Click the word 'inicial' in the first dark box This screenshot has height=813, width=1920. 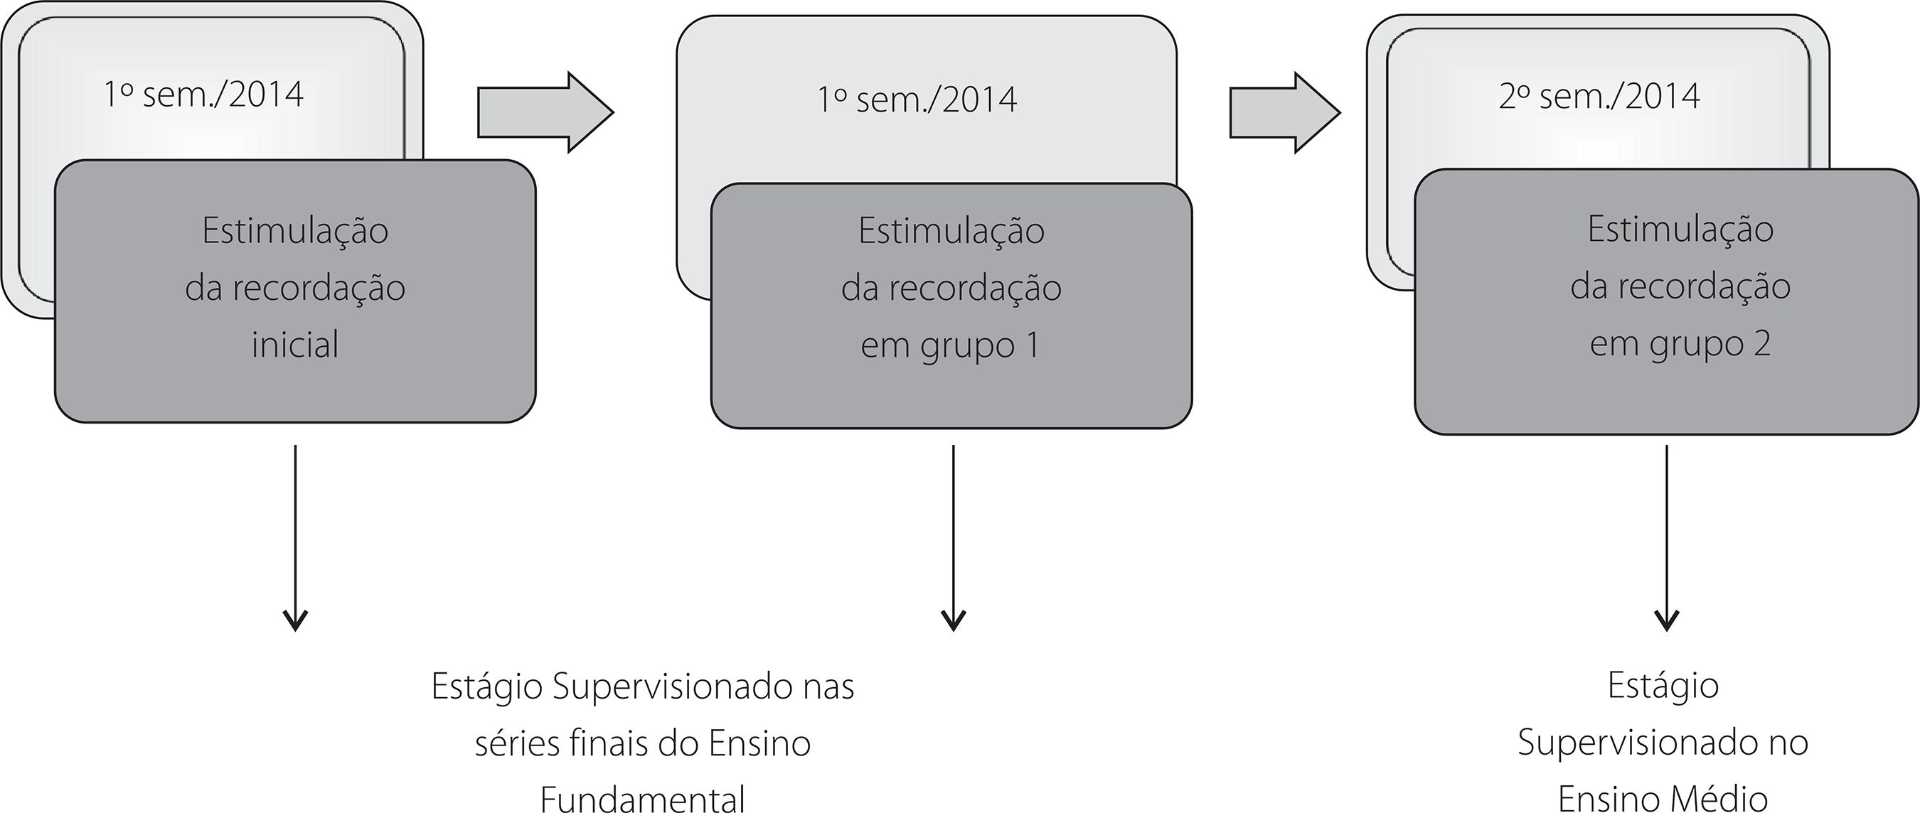295,345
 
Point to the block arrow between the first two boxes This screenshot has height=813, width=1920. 545,112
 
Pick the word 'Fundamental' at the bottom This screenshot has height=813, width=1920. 642,799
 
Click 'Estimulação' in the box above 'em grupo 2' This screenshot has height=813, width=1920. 1680,229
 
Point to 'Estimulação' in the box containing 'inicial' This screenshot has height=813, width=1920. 295,230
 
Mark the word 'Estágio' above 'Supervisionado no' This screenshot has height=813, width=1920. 1663,685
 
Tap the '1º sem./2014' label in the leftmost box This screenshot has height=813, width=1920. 203,95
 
